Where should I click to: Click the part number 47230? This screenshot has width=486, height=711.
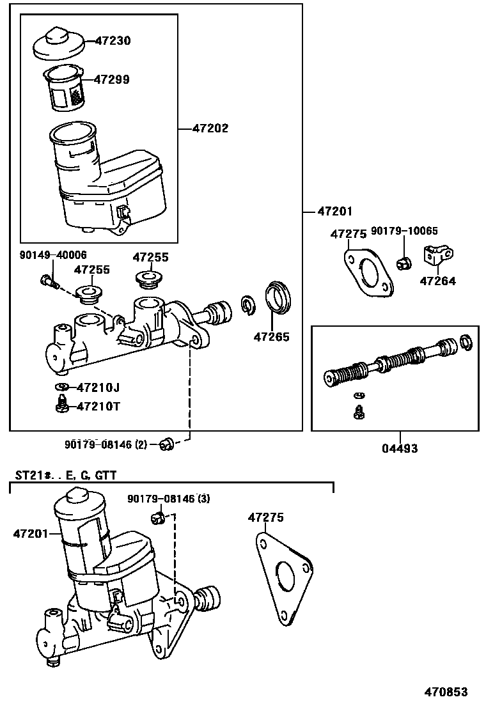[113, 41]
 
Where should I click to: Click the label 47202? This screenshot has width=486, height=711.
[210, 129]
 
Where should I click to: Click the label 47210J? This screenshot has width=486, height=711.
[98, 387]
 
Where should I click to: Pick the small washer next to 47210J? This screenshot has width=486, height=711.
[63, 387]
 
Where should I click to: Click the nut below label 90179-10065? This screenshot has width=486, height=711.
[404, 262]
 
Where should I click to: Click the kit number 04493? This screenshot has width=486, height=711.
[400, 449]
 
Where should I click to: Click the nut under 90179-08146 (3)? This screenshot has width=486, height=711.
[158, 517]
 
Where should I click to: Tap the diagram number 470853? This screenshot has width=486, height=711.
[447, 692]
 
